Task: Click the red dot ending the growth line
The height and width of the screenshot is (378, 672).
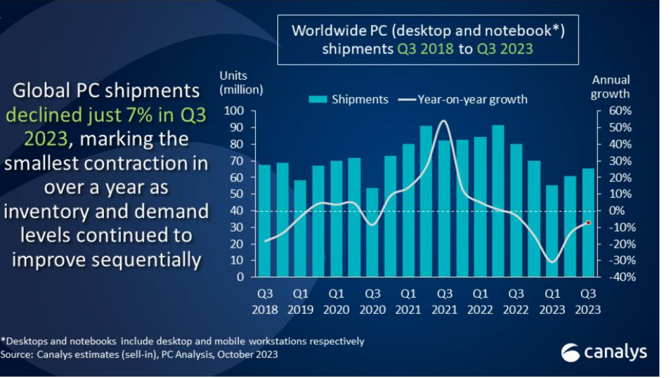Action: coord(589,223)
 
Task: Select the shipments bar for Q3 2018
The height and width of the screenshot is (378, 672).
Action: coord(265,220)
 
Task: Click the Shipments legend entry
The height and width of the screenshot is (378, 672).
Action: coord(349,99)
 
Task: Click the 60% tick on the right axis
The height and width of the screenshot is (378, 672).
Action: coord(621,111)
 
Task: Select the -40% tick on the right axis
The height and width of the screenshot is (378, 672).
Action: coord(621,277)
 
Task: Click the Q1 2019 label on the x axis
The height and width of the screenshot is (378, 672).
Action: coord(300,302)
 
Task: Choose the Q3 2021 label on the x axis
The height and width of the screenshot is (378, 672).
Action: coord(444,302)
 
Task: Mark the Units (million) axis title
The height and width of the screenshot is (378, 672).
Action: coord(241,83)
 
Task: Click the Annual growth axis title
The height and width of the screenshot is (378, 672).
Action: coord(610,87)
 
